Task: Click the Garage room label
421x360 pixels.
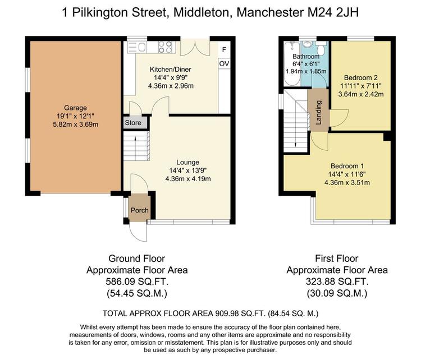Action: click(x=75, y=108)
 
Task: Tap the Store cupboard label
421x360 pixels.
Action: click(x=133, y=123)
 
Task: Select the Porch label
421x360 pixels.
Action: click(x=140, y=210)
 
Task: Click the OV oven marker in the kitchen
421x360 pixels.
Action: click(x=224, y=63)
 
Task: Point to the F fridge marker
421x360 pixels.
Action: click(x=224, y=49)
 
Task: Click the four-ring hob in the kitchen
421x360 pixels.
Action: click(x=166, y=47)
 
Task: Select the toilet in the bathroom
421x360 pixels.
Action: click(x=321, y=48)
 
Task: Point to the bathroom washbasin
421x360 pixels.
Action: click(x=306, y=44)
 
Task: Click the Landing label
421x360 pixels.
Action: click(x=319, y=112)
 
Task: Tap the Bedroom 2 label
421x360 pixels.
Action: click(x=360, y=78)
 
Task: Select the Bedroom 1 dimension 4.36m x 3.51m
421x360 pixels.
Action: click(x=347, y=183)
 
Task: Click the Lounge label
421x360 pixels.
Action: click(x=187, y=162)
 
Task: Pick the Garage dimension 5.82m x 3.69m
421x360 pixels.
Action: click(x=75, y=124)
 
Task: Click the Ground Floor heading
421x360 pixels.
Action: click(x=136, y=259)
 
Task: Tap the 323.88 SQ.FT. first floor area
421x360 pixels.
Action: click(x=337, y=281)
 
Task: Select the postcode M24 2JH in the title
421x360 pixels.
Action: click(x=333, y=12)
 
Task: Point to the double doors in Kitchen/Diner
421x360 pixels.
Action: click(x=195, y=48)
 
